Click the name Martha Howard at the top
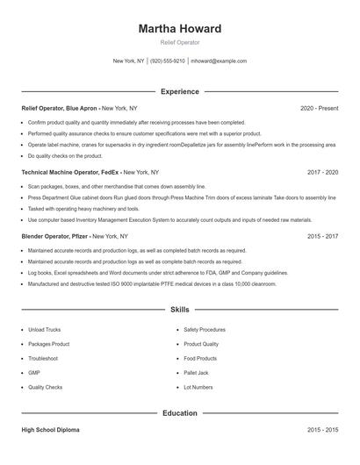click(x=179, y=29)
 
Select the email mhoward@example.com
click(x=219, y=61)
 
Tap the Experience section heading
click(x=179, y=91)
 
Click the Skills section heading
click(x=179, y=310)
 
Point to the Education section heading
click(x=179, y=412)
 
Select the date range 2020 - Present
click(x=319, y=108)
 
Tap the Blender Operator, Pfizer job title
click(x=54, y=236)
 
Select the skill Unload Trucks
click(x=44, y=329)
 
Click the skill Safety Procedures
click(x=205, y=329)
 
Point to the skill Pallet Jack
click(x=197, y=372)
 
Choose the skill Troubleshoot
click(x=43, y=358)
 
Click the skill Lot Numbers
click(x=198, y=386)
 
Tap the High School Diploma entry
click(x=52, y=430)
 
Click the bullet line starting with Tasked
click(x=83, y=209)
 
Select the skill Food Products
click(x=200, y=358)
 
